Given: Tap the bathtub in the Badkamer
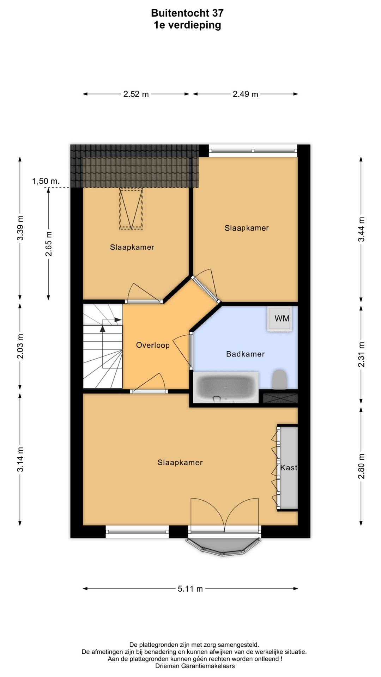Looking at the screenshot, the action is [226, 388].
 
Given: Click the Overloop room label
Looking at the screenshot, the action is [153, 345].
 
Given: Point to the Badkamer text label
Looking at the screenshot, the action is [245, 354].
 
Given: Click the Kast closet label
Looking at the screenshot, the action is [289, 468].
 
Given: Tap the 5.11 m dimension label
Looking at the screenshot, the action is [190, 589].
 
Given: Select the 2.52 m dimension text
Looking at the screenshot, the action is [136, 94].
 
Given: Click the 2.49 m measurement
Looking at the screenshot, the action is [245, 94].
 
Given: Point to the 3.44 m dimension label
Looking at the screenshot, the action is [361, 229].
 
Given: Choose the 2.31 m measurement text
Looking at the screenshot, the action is [361, 354].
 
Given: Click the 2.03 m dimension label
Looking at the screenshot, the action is [20, 346].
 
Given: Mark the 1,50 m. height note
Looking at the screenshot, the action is [46, 181].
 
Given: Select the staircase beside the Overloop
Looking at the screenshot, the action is [103, 346].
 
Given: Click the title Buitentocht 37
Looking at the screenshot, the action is [187, 13].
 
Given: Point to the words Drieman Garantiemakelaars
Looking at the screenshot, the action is [195, 666].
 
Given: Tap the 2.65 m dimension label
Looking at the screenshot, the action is [48, 244].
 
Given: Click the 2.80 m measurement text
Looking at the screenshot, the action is [361, 466].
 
